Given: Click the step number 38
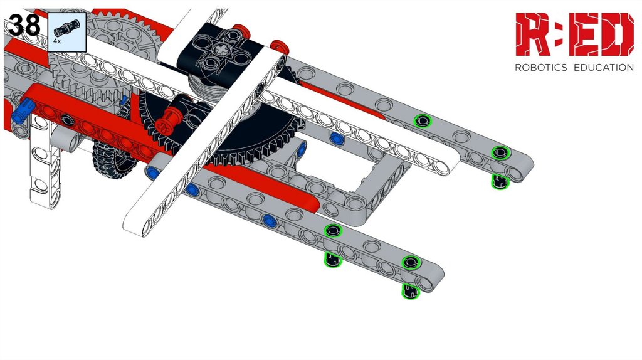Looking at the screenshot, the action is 24,25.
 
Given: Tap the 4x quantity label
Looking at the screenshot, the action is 57,41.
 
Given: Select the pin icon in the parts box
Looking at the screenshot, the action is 67,27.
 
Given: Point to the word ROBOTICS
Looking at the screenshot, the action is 540,68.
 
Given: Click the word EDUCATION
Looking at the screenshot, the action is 604,68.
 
